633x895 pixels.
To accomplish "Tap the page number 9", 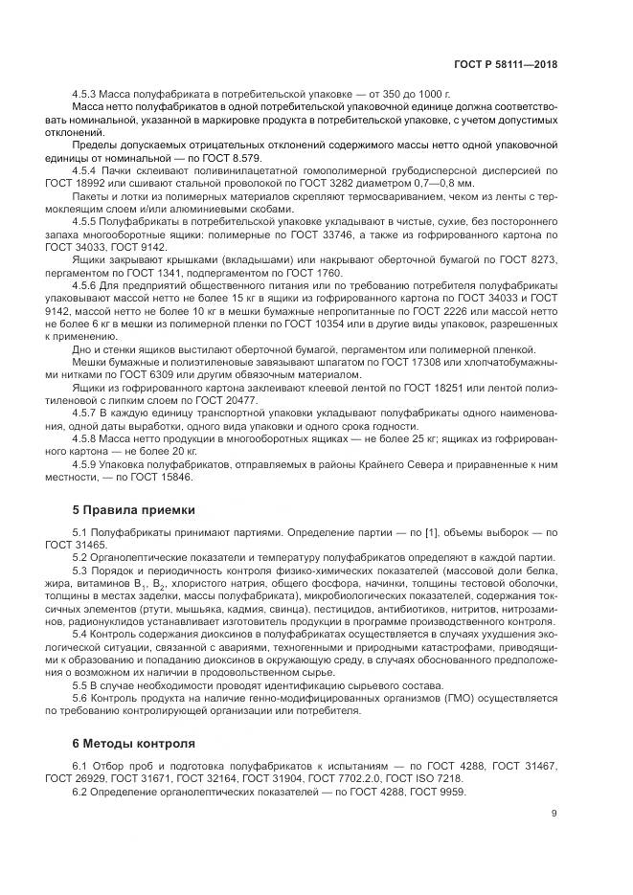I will point(554,814).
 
